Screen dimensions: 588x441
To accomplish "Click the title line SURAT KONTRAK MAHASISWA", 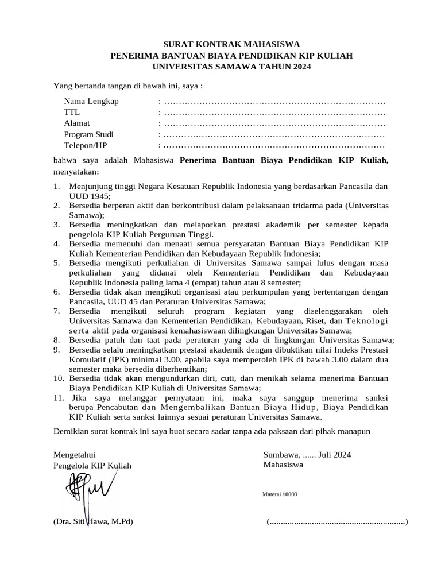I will click(231, 44).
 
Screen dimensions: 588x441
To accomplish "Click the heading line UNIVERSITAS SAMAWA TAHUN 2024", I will click(231, 67).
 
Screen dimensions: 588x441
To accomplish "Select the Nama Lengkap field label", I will click(91, 102).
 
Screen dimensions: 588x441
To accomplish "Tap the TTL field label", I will click(72, 112).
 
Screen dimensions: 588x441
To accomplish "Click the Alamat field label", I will click(77, 123).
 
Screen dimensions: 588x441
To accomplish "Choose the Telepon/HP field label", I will click(86, 145).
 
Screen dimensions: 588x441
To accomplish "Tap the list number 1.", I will click(57, 187).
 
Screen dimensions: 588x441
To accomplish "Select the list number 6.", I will click(57, 292).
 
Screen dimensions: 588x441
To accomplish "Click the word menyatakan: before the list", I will click(76, 171).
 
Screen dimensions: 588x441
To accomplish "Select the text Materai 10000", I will click(280, 494).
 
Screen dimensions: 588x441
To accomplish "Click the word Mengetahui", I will click(74, 454).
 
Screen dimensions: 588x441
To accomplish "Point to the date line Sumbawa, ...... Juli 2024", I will click(307, 454).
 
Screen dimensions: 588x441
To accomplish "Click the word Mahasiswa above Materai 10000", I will click(284, 465).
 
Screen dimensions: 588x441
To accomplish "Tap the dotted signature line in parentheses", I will click(337, 523).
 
